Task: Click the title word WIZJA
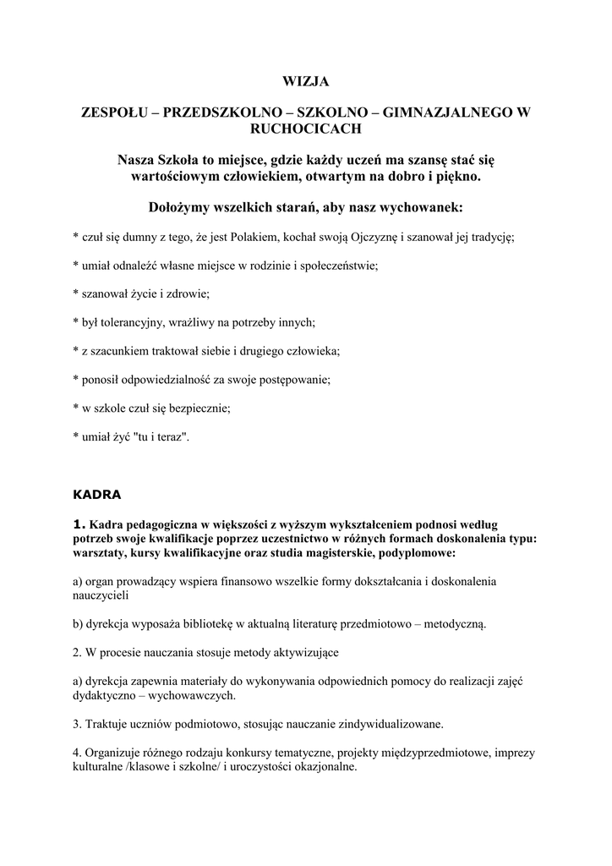tap(305, 82)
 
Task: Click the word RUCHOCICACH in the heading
tap(305, 129)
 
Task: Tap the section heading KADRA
tap(97, 492)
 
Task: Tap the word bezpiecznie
tap(199, 408)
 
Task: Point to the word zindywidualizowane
tap(383, 724)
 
